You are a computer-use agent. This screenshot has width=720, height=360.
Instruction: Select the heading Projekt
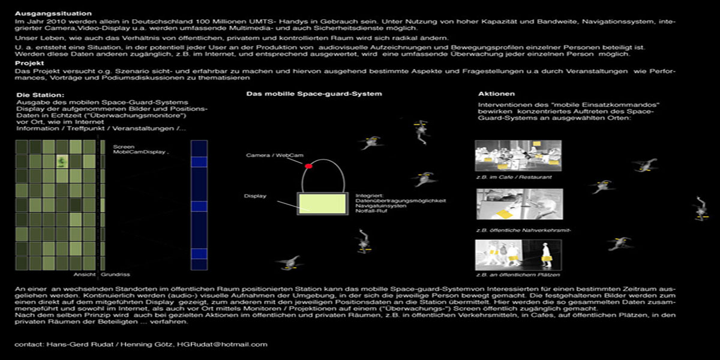coord(29,62)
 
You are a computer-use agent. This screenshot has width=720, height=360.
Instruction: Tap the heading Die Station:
coord(40,95)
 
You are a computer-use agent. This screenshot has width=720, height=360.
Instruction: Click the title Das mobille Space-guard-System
coord(314,94)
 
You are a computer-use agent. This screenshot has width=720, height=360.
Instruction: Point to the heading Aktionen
coord(496,94)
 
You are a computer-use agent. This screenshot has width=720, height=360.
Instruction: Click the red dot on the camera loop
coord(308,166)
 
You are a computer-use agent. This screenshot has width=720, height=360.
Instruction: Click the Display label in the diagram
coord(255,196)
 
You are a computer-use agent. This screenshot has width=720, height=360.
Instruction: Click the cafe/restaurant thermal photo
coord(518,156)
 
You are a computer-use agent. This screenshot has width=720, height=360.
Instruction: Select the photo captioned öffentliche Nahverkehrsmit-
coord(518,204)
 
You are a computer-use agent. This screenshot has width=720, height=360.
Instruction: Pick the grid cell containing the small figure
coord(62,161)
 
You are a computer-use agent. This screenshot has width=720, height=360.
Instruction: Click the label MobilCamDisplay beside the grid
coord(140,152)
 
